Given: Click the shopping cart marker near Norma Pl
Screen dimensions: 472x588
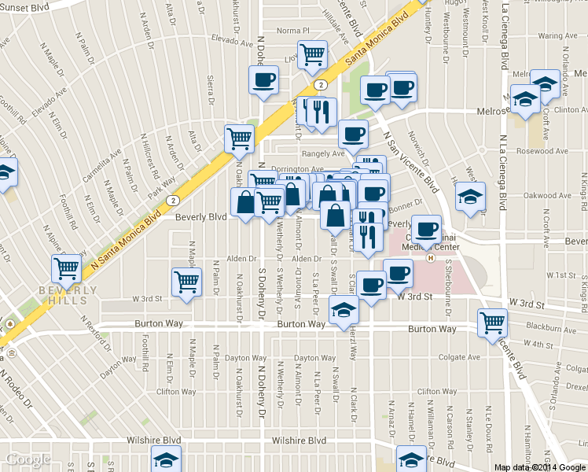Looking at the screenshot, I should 313,53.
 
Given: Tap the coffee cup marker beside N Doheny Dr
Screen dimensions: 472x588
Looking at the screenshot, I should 263,79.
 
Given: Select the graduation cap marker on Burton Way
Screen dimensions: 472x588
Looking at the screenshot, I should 344,311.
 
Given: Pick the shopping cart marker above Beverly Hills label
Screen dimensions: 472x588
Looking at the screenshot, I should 67,268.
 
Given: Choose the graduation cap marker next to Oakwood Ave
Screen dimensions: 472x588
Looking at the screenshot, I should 470,197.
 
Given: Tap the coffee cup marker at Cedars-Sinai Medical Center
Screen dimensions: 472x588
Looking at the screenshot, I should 426,229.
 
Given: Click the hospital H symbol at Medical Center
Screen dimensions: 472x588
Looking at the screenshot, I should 430,257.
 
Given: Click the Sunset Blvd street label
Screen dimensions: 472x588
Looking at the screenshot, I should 24,6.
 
